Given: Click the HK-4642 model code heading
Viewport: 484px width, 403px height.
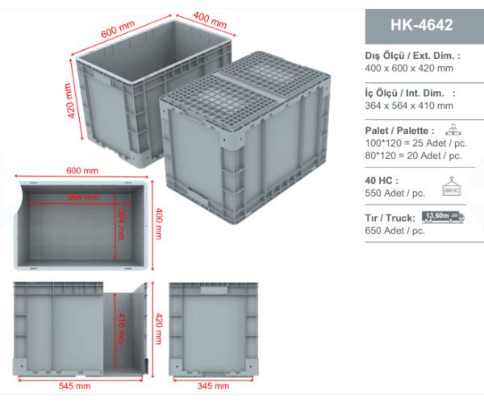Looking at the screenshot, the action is coord(421,25).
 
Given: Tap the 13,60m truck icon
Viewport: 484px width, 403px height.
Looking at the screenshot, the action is coord(443,217).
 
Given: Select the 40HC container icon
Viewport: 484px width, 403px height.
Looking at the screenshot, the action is coord(451,187).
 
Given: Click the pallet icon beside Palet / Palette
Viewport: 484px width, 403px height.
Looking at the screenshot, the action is coord(453,130).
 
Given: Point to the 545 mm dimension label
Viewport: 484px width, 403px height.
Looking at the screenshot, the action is coord(74,386).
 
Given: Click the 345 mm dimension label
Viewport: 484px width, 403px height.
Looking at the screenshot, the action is coord(213,386).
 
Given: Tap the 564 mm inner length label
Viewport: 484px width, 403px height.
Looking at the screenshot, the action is coord(83,197).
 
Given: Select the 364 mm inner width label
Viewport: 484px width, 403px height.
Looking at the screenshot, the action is coord(121,225).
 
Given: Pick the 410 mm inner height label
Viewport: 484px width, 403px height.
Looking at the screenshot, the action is coord(121,329).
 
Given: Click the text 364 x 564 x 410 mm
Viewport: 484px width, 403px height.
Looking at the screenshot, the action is coord(409,106).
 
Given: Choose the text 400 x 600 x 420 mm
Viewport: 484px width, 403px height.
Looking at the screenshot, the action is coord(409,69).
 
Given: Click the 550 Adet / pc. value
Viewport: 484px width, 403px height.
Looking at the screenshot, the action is coord(394,193).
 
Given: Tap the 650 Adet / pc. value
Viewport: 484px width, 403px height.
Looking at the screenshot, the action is coord(394,231).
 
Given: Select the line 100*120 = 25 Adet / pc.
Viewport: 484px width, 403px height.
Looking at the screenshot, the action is coord(415,143).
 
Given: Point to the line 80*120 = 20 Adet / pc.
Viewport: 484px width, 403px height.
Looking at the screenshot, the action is coord(413,156).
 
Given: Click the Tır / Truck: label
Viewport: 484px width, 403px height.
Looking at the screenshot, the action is coord(390,218).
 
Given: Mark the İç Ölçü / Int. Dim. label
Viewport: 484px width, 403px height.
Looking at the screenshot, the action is coord(410,93).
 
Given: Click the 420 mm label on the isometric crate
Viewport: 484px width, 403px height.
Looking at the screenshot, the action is coord(70,101).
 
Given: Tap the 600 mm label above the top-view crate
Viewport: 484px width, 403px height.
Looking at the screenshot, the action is coord(82,171).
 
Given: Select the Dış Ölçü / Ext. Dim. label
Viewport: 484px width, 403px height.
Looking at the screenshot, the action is coord(412,56).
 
